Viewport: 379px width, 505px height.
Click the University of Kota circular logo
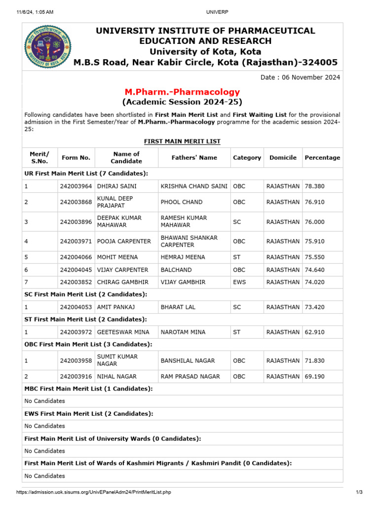tap(48, 47)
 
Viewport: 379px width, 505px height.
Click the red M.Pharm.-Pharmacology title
tap(182, 92)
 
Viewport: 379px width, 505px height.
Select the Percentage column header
tap(322, 158)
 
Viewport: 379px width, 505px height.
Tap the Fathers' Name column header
tap(194, 158)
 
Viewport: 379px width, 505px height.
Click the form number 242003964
tap(76, 186)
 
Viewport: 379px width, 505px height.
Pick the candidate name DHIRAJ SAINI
tap(116, 186)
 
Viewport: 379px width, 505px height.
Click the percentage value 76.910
tap(315, 202)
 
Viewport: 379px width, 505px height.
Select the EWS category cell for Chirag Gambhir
tap(239, 282)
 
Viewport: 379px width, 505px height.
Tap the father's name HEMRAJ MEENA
tap(183, 257)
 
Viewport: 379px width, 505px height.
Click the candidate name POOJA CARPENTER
tap(124, 241)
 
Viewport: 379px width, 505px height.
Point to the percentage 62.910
tap(315, 332)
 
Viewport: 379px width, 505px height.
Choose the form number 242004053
tap(76, 307)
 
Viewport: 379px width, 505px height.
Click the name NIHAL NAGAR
tap(117, 376)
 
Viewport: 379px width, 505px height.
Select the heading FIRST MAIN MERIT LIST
tap(182, 142)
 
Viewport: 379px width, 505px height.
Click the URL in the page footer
tap(94, 492)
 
